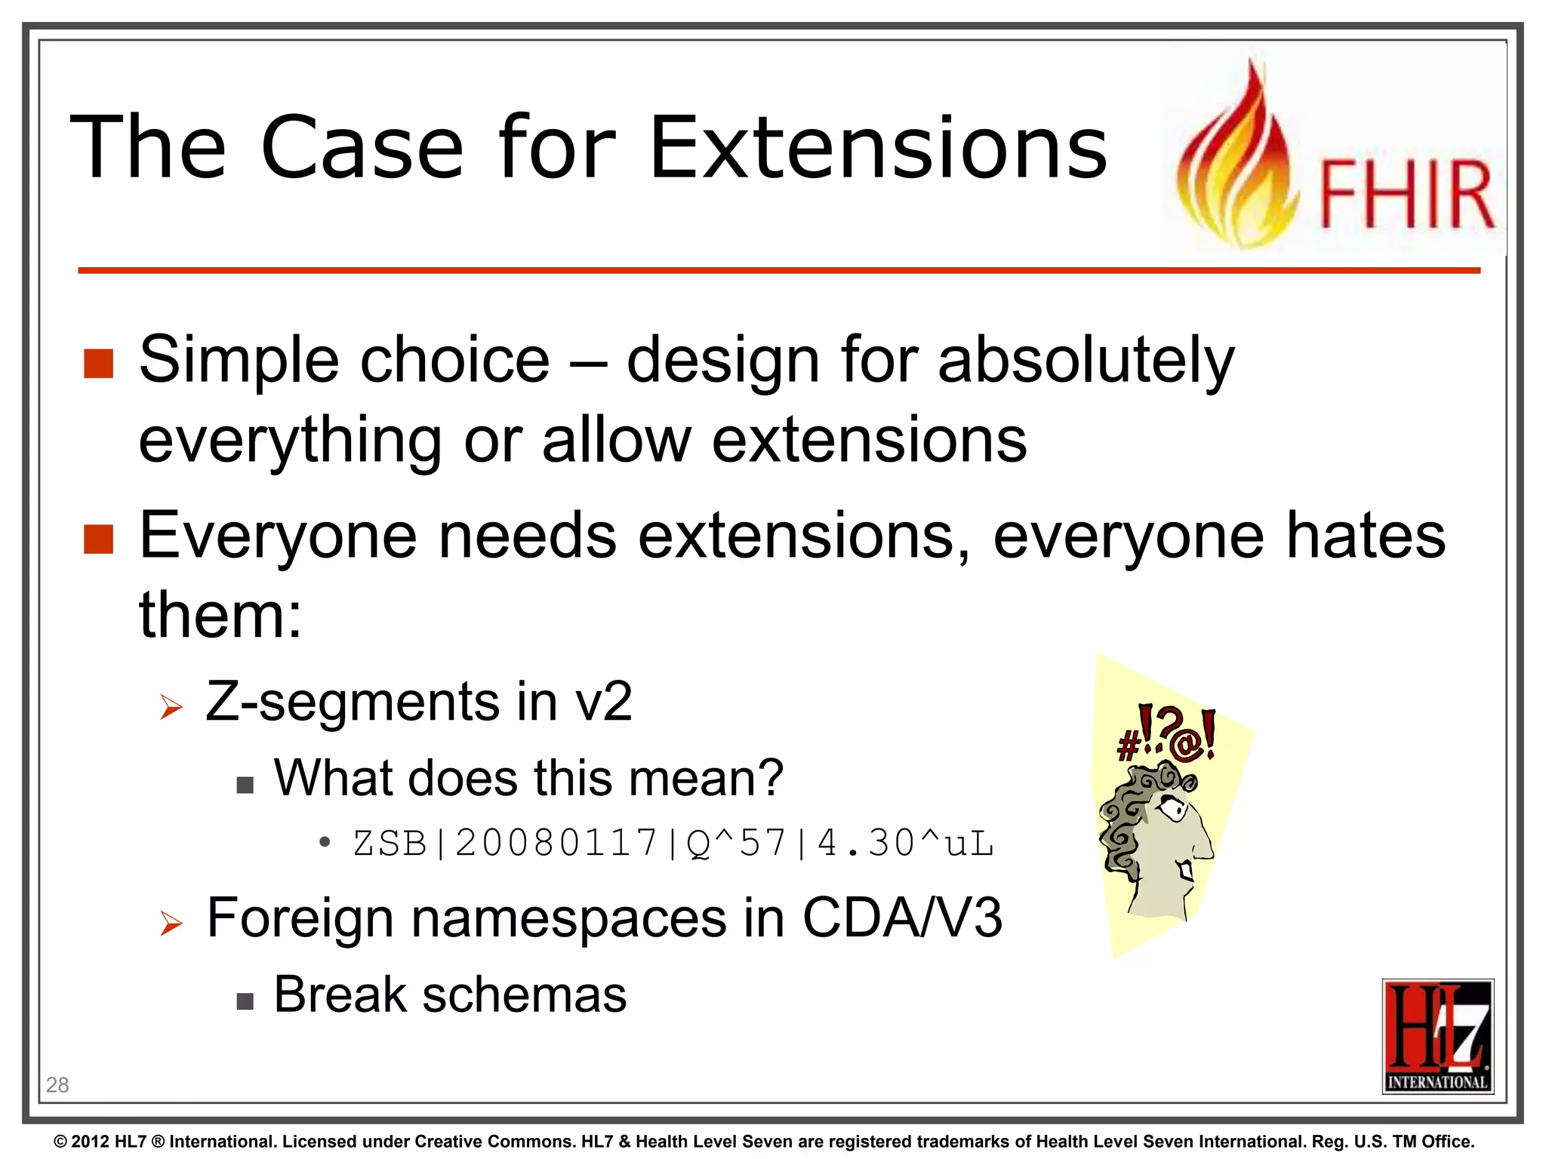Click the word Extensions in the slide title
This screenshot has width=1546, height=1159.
878,148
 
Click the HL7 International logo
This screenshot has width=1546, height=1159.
1437,1035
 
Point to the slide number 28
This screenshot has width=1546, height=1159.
57,1085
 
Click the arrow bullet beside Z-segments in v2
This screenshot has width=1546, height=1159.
171,707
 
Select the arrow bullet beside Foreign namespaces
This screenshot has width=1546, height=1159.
171,923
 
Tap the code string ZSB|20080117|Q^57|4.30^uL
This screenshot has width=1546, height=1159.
673,843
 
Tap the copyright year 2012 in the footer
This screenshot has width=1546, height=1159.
91,1142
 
